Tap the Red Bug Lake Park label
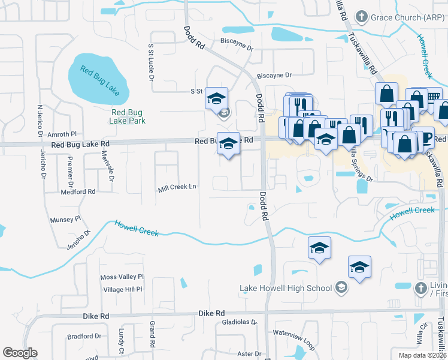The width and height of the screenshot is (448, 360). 128,116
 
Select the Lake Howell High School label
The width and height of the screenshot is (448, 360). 286,288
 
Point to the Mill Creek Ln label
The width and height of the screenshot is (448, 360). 177,188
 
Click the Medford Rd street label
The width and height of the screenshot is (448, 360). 78,192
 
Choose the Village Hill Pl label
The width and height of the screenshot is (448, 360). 122,289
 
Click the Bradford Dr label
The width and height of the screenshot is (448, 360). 82,337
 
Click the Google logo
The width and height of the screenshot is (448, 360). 20,353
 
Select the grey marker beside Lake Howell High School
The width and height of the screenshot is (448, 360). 341,288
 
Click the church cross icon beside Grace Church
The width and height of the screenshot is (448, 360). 361,16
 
